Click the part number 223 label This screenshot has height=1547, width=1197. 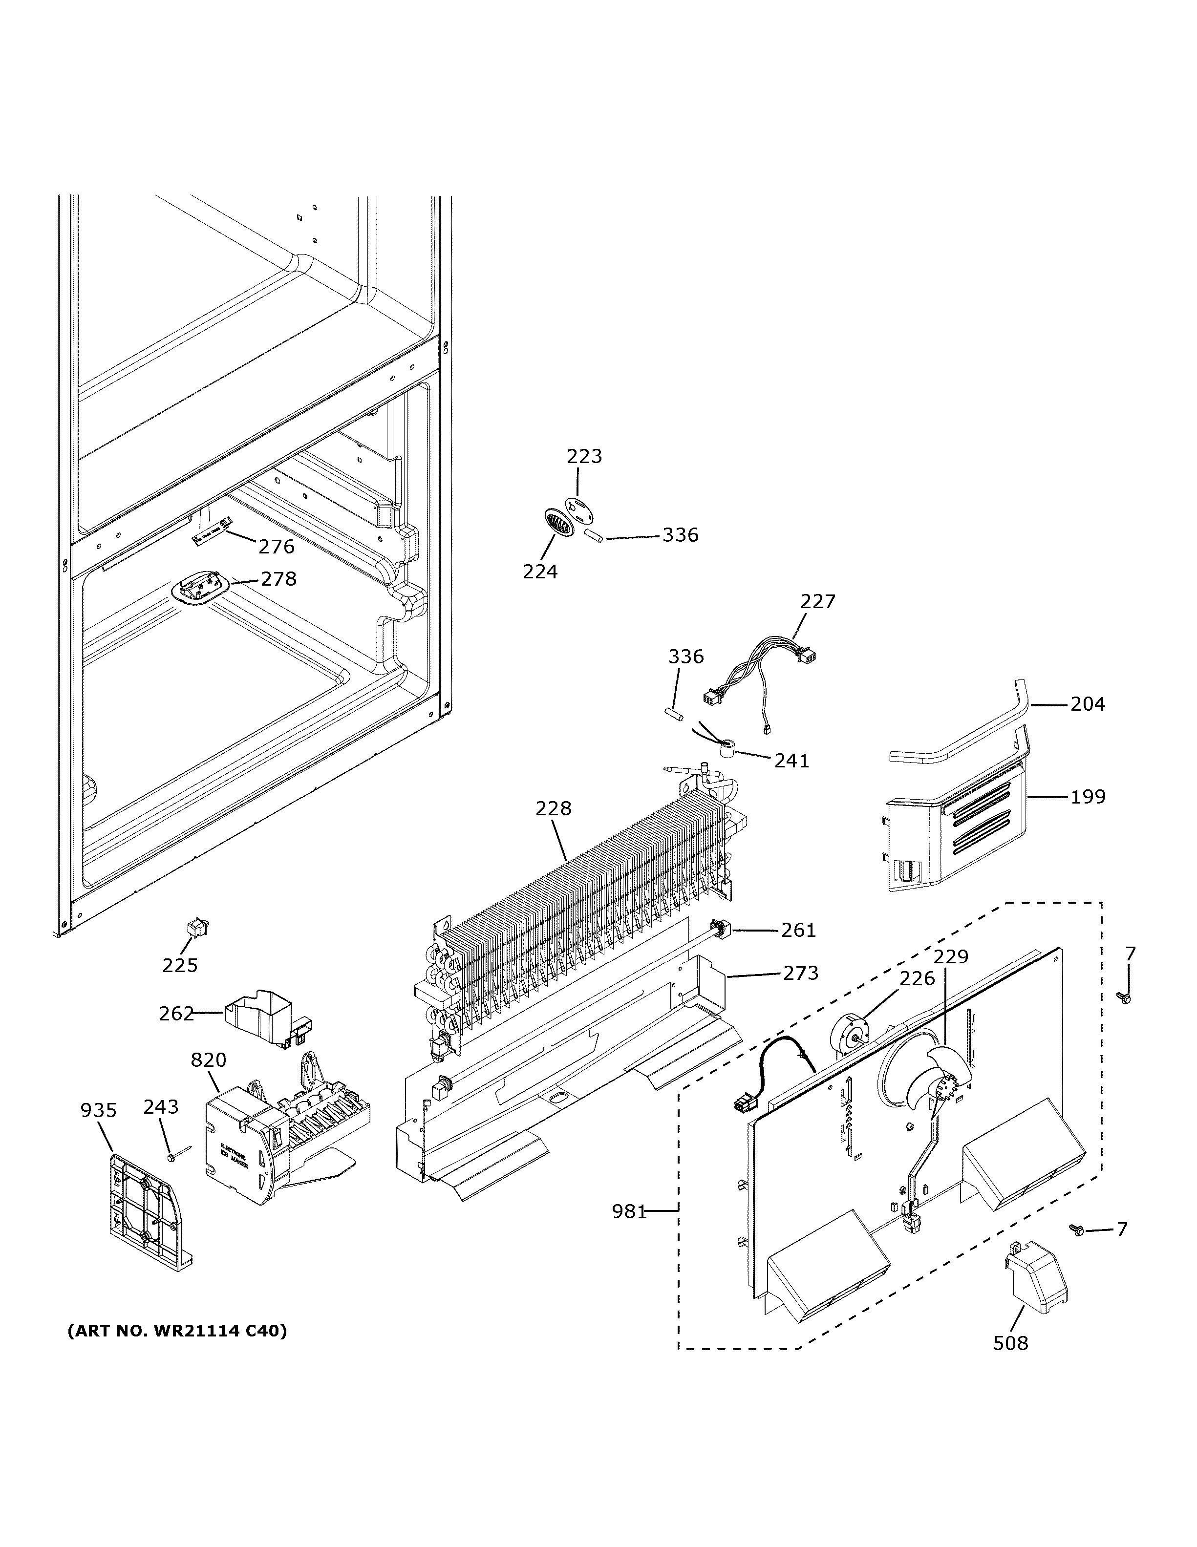tap(584, 456)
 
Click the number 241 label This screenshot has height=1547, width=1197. tap(791, 760)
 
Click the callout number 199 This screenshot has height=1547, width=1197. tap(1087, 796)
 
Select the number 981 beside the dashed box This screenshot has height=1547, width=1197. tap(629, 1211)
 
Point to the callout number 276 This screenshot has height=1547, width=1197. tap(276, 546)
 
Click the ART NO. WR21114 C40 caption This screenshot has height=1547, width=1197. tap(177, 1331)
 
